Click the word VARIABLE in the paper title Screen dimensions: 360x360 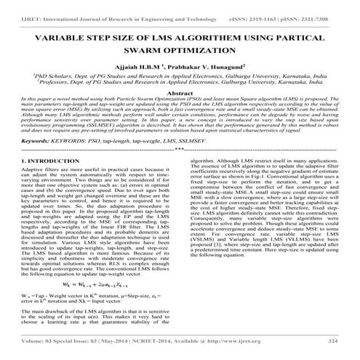click(73, 38)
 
